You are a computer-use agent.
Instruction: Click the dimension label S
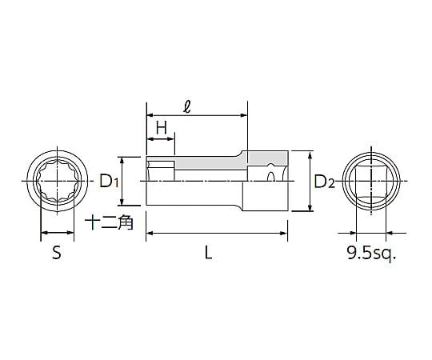(56, 254)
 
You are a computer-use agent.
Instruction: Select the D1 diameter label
(110, 182)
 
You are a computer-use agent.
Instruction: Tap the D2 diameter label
(324, 182)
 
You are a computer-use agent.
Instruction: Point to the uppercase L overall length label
(208, 254)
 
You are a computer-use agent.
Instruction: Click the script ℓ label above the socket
(186, 105)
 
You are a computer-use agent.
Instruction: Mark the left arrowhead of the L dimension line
(149, 234)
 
